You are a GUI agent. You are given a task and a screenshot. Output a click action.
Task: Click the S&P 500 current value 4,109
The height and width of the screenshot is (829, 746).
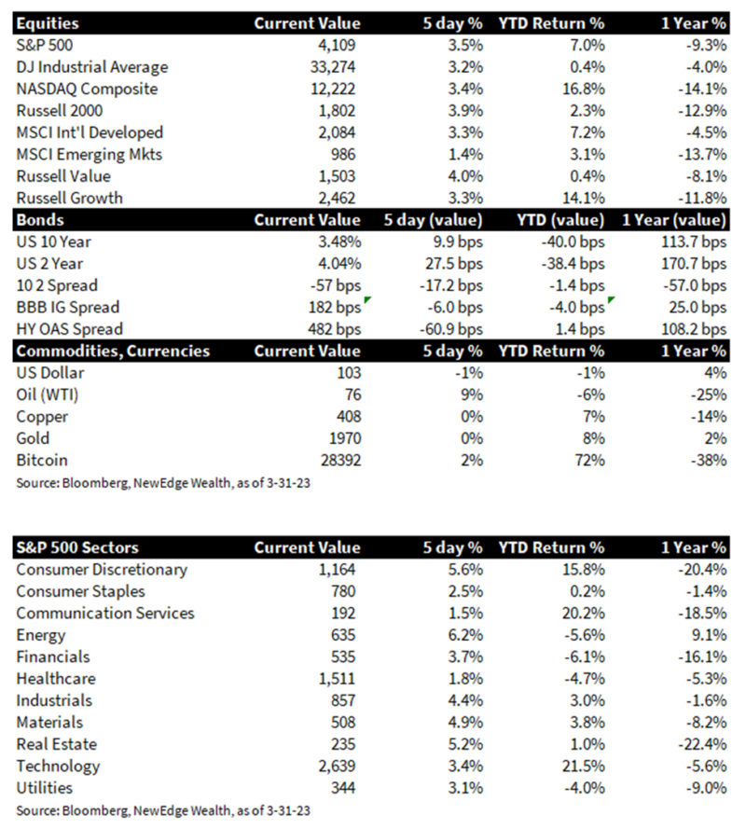pos(337,46)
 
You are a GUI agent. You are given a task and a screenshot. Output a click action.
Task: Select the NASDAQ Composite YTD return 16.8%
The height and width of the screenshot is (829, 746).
pos(583,89)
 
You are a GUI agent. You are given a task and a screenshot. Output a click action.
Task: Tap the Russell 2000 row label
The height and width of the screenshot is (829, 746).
pos(60,111)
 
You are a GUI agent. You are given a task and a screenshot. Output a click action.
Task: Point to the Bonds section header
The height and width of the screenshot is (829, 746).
pos(40,220)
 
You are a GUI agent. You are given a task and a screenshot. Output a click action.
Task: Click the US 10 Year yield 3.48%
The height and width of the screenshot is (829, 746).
pos(339,242)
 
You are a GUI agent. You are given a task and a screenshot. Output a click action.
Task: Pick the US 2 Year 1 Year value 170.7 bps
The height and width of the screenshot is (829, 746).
pos(694,264)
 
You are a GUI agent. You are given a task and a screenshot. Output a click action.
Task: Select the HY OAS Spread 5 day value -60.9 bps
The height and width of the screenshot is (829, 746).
pos(451,329)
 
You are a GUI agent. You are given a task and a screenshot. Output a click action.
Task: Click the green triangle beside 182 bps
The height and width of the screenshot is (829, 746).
pos(366,300)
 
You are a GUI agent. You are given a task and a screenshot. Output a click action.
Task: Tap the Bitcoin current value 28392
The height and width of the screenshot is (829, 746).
pos(341,461)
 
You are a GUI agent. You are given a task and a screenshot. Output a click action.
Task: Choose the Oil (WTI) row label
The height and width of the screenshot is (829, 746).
pos(47,395)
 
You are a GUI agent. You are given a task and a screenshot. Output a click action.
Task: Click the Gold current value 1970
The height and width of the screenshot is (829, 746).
pos(345,439)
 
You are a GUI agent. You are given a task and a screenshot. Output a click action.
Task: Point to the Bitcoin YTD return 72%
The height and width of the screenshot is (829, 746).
pos(589,461)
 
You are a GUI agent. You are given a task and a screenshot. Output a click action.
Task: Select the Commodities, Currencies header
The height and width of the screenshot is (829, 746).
pos(113,352)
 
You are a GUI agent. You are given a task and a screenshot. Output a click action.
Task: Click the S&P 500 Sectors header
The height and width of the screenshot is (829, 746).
pos(77,547)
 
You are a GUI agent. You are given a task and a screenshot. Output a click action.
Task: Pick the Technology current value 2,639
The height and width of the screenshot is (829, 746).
pos(337,767)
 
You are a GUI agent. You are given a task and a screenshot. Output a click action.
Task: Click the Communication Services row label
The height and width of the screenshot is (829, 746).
pos(105,614)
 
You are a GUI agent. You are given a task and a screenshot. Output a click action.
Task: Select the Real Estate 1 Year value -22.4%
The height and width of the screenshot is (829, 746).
pos(702,744)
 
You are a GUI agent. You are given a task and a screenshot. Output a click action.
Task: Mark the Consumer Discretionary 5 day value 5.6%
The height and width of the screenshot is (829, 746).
pos(465,570)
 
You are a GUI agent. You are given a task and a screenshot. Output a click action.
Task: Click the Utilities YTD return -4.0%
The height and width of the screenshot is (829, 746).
pos(585,788)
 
